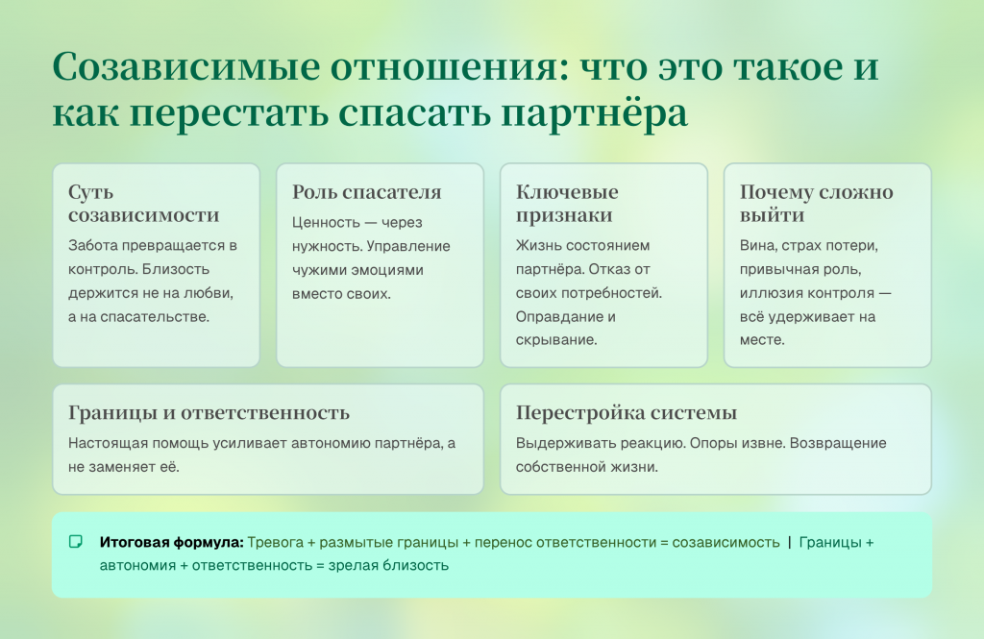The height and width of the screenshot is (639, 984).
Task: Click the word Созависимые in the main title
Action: click(186, 66)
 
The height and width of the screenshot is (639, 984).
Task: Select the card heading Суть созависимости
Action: click(144, 204)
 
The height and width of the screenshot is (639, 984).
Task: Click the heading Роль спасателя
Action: click(366, 192)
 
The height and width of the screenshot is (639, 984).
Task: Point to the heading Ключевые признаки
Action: click(567, 204)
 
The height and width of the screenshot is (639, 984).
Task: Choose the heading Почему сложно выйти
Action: click(816, 204)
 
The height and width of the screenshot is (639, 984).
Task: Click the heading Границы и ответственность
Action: click(209, 413)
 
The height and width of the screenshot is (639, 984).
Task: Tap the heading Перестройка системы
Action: click(627, 413)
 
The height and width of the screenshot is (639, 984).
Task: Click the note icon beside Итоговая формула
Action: click(75, 542)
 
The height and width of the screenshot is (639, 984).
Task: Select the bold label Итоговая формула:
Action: click(171, 542)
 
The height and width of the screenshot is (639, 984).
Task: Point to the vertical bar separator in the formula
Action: click(790, 542)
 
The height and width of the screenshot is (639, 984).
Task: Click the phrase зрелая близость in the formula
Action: click(388, 566)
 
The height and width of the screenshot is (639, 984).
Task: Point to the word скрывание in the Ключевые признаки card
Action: click(556, 340)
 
